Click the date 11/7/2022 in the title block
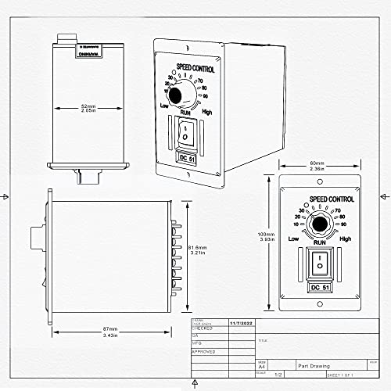[241, 321]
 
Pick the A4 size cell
[261, 365]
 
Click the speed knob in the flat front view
[318, 227]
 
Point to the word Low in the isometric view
[164, 105]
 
